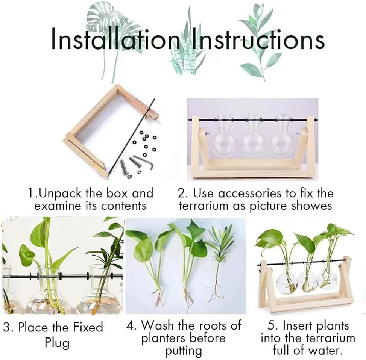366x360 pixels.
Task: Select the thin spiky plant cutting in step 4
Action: (x=220, y=263)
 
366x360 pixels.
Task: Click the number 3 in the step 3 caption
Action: (x=6, y=327)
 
